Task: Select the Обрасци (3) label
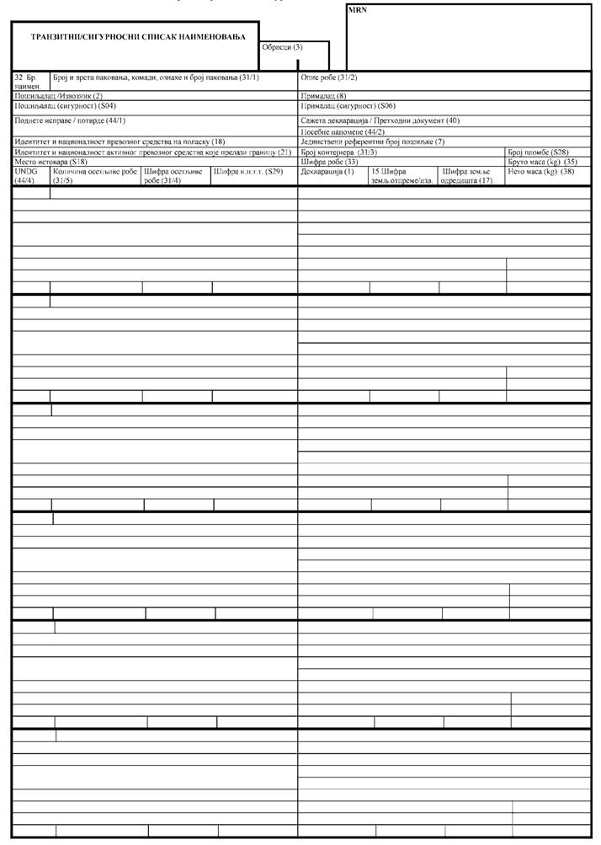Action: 282,47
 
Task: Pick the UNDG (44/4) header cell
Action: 26,175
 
